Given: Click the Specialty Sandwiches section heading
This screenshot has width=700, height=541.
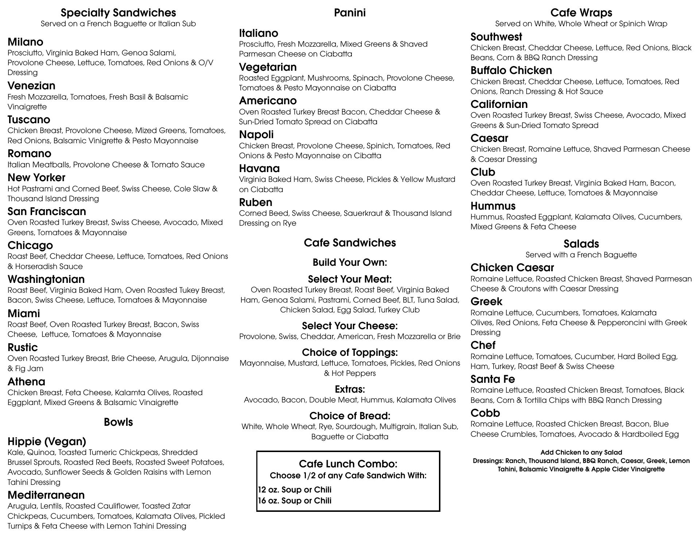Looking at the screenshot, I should click(x=118, y=13).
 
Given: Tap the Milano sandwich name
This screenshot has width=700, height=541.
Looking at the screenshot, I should click(x=26, y=42).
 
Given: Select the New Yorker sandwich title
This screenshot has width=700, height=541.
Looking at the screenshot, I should click(x=36, y=178).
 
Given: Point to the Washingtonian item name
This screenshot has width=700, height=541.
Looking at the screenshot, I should click(x=46, y=279).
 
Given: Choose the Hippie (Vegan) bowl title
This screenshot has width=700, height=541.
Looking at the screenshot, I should click(x=47, y=441).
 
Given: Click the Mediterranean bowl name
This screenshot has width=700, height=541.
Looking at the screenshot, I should click(x=46, y=495).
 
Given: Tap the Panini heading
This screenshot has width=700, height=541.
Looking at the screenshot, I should click(x=350, y=13).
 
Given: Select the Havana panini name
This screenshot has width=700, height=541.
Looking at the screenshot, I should click(x=259, y=168).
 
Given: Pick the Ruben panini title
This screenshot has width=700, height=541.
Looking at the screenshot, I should click(x=256, y=202).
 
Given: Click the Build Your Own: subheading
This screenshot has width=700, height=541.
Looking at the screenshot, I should click(x=350, y=262).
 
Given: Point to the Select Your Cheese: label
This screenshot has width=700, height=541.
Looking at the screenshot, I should click(x=350, y=326).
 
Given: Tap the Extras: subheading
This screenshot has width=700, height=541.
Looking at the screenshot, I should click(x=350, y=389).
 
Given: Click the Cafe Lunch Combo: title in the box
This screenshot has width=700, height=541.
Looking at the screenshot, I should click(x=348, y=464).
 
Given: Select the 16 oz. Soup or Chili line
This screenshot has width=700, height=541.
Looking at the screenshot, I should click(x=295, y=501).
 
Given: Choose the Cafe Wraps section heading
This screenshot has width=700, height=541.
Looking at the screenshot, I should click(x=581, y=13).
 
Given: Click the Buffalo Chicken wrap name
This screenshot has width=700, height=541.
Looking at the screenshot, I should click(x=511, y=70).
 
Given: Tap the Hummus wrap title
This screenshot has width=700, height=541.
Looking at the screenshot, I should click(x=493, y=206).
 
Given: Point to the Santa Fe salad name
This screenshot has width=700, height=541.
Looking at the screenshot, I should click(x=493, y=379).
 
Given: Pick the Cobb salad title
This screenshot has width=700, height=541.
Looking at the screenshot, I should click(x=485, y=413).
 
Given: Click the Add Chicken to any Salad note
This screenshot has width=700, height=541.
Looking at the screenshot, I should click(x=581, y=452).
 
